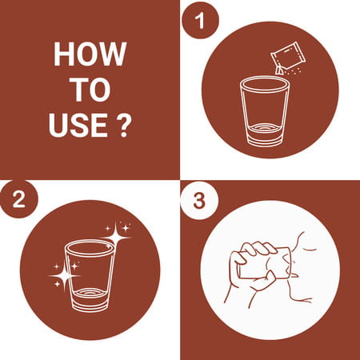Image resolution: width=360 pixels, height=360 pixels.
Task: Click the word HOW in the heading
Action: (x=90, y=54)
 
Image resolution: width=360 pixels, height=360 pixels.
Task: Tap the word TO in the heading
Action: (x=90, y=90)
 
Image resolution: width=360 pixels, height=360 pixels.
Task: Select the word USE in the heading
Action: (x=78, y=125)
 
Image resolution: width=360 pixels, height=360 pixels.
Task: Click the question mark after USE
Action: (x=124, y=125)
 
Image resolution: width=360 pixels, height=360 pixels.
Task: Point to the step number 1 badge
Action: (x=200, y=20)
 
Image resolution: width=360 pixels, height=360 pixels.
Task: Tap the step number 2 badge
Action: (x=19, y=199)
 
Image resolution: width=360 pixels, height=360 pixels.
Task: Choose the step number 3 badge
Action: (x=199, y=200)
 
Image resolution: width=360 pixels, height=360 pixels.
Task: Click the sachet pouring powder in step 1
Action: (x=287, y=57)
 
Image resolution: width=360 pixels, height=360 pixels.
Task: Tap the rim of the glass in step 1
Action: (x=264, y=84)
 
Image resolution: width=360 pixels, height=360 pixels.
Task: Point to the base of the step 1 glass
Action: (x=264, y=135)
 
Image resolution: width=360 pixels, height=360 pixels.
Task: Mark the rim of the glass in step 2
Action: (x=90, y=247)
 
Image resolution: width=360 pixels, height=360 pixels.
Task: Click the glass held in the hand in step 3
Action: (x=264, y=263)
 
